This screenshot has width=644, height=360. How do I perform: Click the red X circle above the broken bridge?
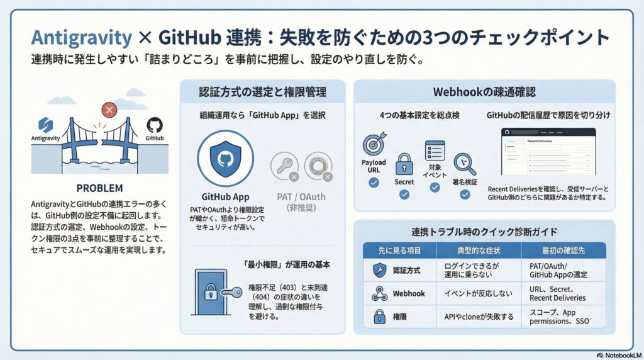click(109, 111)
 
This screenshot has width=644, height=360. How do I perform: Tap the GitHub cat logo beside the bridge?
click(154, 125)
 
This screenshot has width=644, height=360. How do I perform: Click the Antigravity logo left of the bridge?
click(45, 124)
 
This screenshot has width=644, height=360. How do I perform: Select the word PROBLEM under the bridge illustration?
click(99, 188)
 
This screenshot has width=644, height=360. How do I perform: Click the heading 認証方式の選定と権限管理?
click(262, 92)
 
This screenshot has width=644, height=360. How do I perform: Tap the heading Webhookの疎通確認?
click(484, 92)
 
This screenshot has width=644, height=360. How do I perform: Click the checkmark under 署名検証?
click(465, 194)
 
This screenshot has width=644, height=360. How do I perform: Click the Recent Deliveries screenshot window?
click(548, 152)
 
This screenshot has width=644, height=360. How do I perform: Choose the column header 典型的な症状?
click(478, 250)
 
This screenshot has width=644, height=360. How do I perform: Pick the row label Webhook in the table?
click(409, 293)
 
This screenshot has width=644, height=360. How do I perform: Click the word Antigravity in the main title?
click(81, 38)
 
